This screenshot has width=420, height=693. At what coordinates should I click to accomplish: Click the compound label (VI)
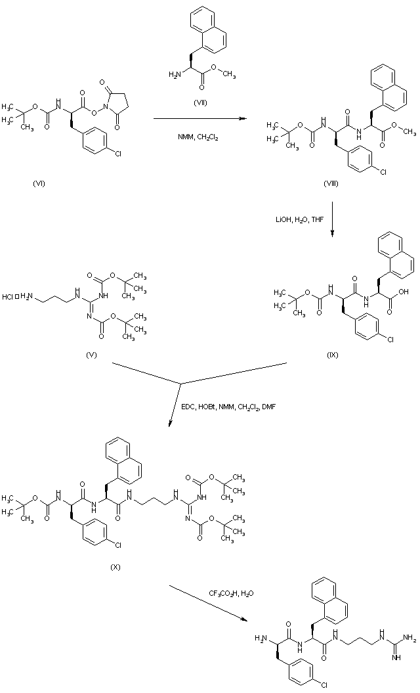(x=38, y=183)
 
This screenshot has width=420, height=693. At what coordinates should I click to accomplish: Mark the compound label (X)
(x=115, y=564)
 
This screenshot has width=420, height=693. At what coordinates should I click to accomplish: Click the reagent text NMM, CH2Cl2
(x=196, y=137)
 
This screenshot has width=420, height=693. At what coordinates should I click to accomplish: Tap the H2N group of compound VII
(x=175, y=74)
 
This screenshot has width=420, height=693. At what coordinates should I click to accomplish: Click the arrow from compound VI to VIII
(x=196, y=119)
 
